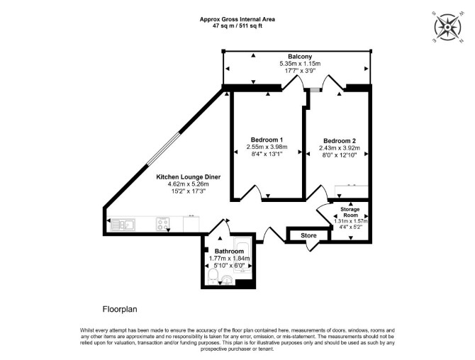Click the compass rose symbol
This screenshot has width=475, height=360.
[x=447, y=27]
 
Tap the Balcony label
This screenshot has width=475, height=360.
[x=300, y=57]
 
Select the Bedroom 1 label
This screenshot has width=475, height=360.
[x=267, y=140]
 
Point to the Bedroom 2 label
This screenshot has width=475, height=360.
[x=340, y=141]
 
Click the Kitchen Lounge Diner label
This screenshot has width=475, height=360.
[x=189, y=177]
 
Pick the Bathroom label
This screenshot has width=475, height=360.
[x=229, y=252]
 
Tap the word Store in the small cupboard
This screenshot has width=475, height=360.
[x=308, y=235]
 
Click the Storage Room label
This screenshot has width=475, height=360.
[x=350, y=213]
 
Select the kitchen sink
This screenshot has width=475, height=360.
[x=123, y=225]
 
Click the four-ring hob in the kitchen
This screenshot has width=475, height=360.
[x=162, y=225]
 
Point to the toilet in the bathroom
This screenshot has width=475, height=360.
[x=213, y=277]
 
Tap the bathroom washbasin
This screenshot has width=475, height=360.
[x=227, y=279]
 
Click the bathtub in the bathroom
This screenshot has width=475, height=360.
[x=242, y=255]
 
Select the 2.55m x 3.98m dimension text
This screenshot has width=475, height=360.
[x=267, y=147]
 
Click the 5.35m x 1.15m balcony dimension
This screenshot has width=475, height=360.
[x=300, y=64]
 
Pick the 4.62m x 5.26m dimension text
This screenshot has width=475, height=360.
[x=189, y=184]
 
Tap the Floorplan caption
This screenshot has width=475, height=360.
[x=120, y=310]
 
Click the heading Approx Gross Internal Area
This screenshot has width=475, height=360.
[x=238, y=19]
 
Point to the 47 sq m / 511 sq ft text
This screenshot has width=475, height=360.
[x=238, y=26]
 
